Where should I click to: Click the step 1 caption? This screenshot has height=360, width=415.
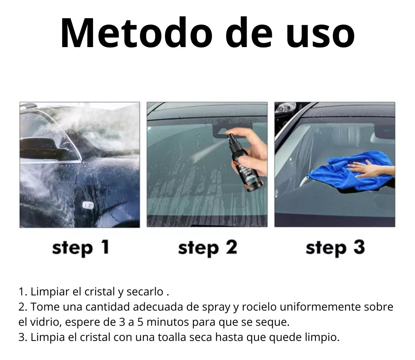[81, 248]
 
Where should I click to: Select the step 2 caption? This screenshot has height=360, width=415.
[207, 248]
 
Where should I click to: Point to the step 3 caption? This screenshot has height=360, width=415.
[335, 248]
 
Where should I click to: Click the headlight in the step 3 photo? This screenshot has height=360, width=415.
[286, 107]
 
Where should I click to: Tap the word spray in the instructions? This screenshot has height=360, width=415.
[216, 307]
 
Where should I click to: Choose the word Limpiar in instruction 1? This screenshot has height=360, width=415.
[50, 292]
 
